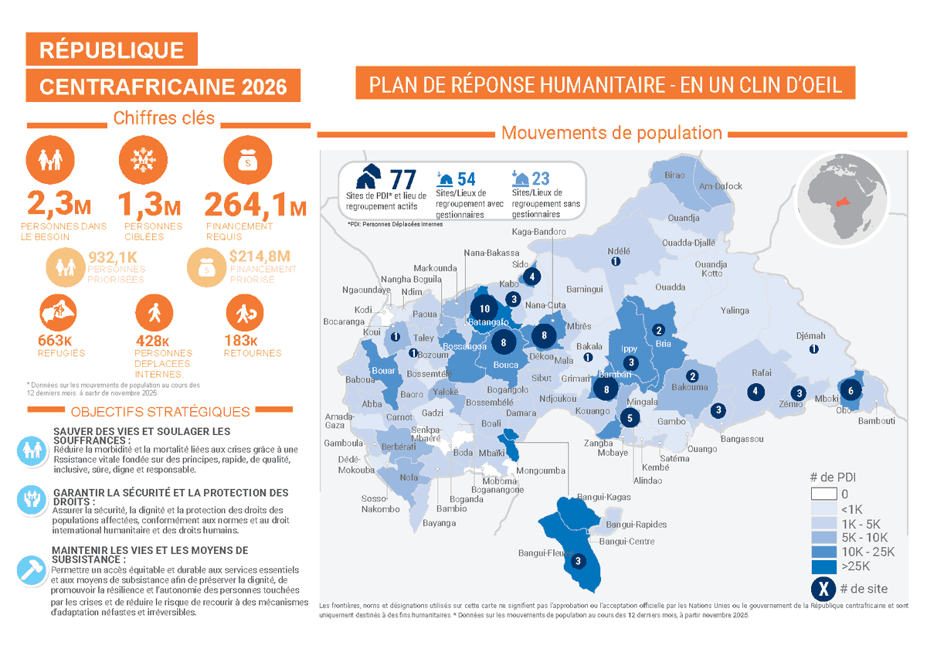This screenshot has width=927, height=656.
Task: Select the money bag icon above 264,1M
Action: [247, 161]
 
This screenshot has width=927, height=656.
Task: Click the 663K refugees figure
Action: [56, 341]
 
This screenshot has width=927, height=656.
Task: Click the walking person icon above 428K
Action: [151, 313]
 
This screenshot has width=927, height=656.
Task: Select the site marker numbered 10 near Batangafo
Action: [484, 308]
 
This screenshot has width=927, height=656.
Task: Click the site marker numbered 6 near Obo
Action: [851, 390]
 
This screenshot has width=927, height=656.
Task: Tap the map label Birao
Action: [674, 175]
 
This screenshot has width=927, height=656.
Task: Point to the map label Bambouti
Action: [876, 421]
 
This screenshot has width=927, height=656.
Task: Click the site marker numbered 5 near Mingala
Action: [630, 418]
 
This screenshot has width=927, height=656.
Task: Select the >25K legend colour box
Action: [824, 566]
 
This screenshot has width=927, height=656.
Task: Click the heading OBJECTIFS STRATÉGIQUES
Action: [160, 412]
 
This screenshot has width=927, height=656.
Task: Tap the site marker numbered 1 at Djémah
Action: [813, 349]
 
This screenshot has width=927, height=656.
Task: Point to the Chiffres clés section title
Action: [164, 118]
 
